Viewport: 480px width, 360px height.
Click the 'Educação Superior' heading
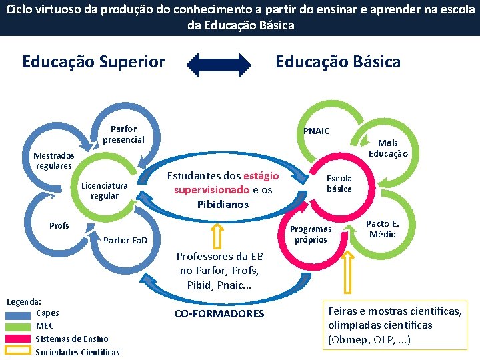[x=93, y=62]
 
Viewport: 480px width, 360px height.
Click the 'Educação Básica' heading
[x=338, y=62]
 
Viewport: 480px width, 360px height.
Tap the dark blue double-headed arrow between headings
[x=219, y=63]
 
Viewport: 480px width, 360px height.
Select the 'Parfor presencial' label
[x=123, y=134]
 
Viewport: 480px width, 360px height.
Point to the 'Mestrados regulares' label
[x=53, y=161]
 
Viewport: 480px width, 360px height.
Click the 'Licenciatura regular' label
[x=104, y=191]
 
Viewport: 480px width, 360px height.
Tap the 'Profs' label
[x=59, y=226]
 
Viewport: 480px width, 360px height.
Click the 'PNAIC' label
[x=316, y=131]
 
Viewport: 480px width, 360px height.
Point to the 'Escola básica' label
[x=339, y=184]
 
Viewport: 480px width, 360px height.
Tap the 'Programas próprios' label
[x=311, y=234]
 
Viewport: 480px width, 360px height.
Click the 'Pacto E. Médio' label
[x=383, y=229]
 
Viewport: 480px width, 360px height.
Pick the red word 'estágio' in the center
[x=261, y=176]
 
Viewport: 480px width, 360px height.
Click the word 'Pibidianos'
[x=223, y=204]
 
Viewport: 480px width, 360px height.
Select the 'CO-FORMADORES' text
[x=219, y=313]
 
